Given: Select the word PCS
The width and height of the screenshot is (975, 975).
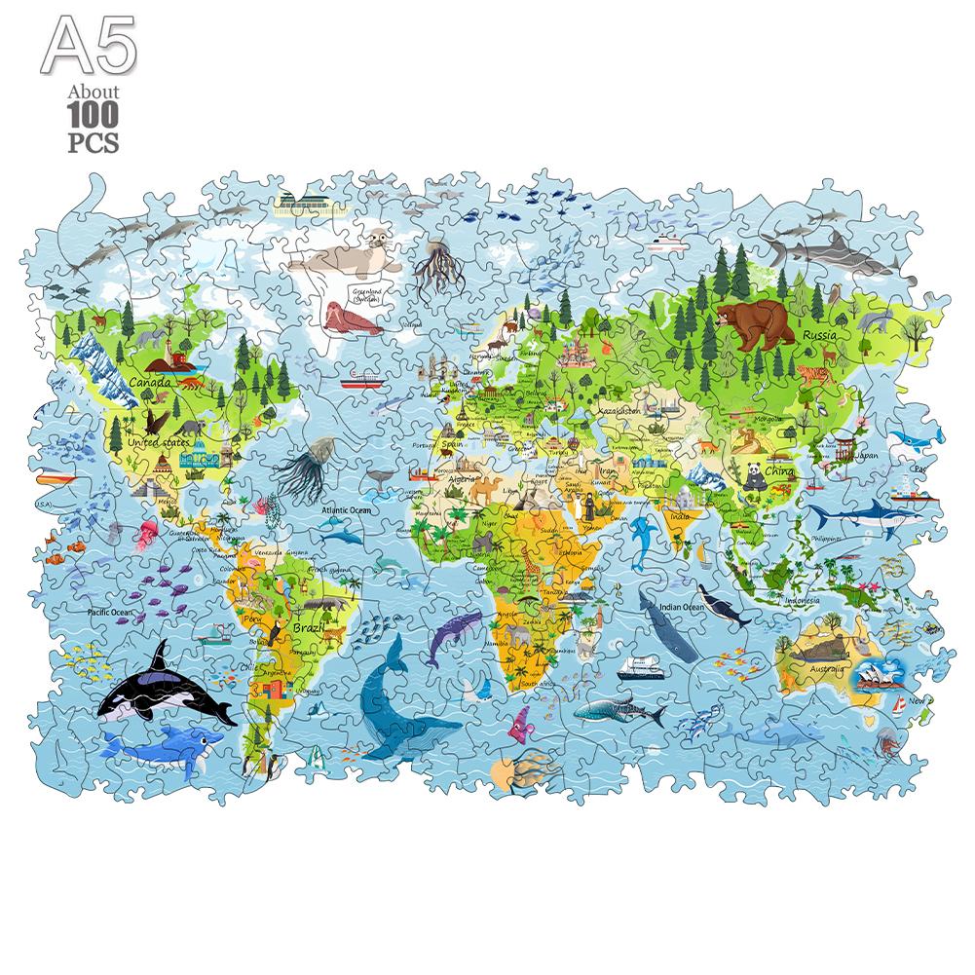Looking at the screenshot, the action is pyautogui.click(x=94, y=142).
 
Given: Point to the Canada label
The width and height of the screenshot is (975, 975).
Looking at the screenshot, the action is pyautogui.click(x=150, y=383).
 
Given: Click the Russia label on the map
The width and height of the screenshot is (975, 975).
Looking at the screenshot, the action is pyautogui.click(x=820, y=336).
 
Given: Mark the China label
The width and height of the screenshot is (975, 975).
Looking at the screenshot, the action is pyautogui.click(x=779, y=470).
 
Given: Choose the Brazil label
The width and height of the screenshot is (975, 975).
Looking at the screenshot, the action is pyautogui.click(x=310, y=629).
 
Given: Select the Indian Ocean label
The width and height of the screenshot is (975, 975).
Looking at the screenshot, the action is pyautogui.click(x=681, y=607).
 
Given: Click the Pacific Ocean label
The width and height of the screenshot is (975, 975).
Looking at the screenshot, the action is pyautogui.click(x=109, y=612).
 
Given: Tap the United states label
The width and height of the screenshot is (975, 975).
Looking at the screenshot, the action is pyautogui.click(x=160, y=443).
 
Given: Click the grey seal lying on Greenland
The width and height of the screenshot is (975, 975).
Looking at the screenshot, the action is pyautogui.click(x=345, y=256).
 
